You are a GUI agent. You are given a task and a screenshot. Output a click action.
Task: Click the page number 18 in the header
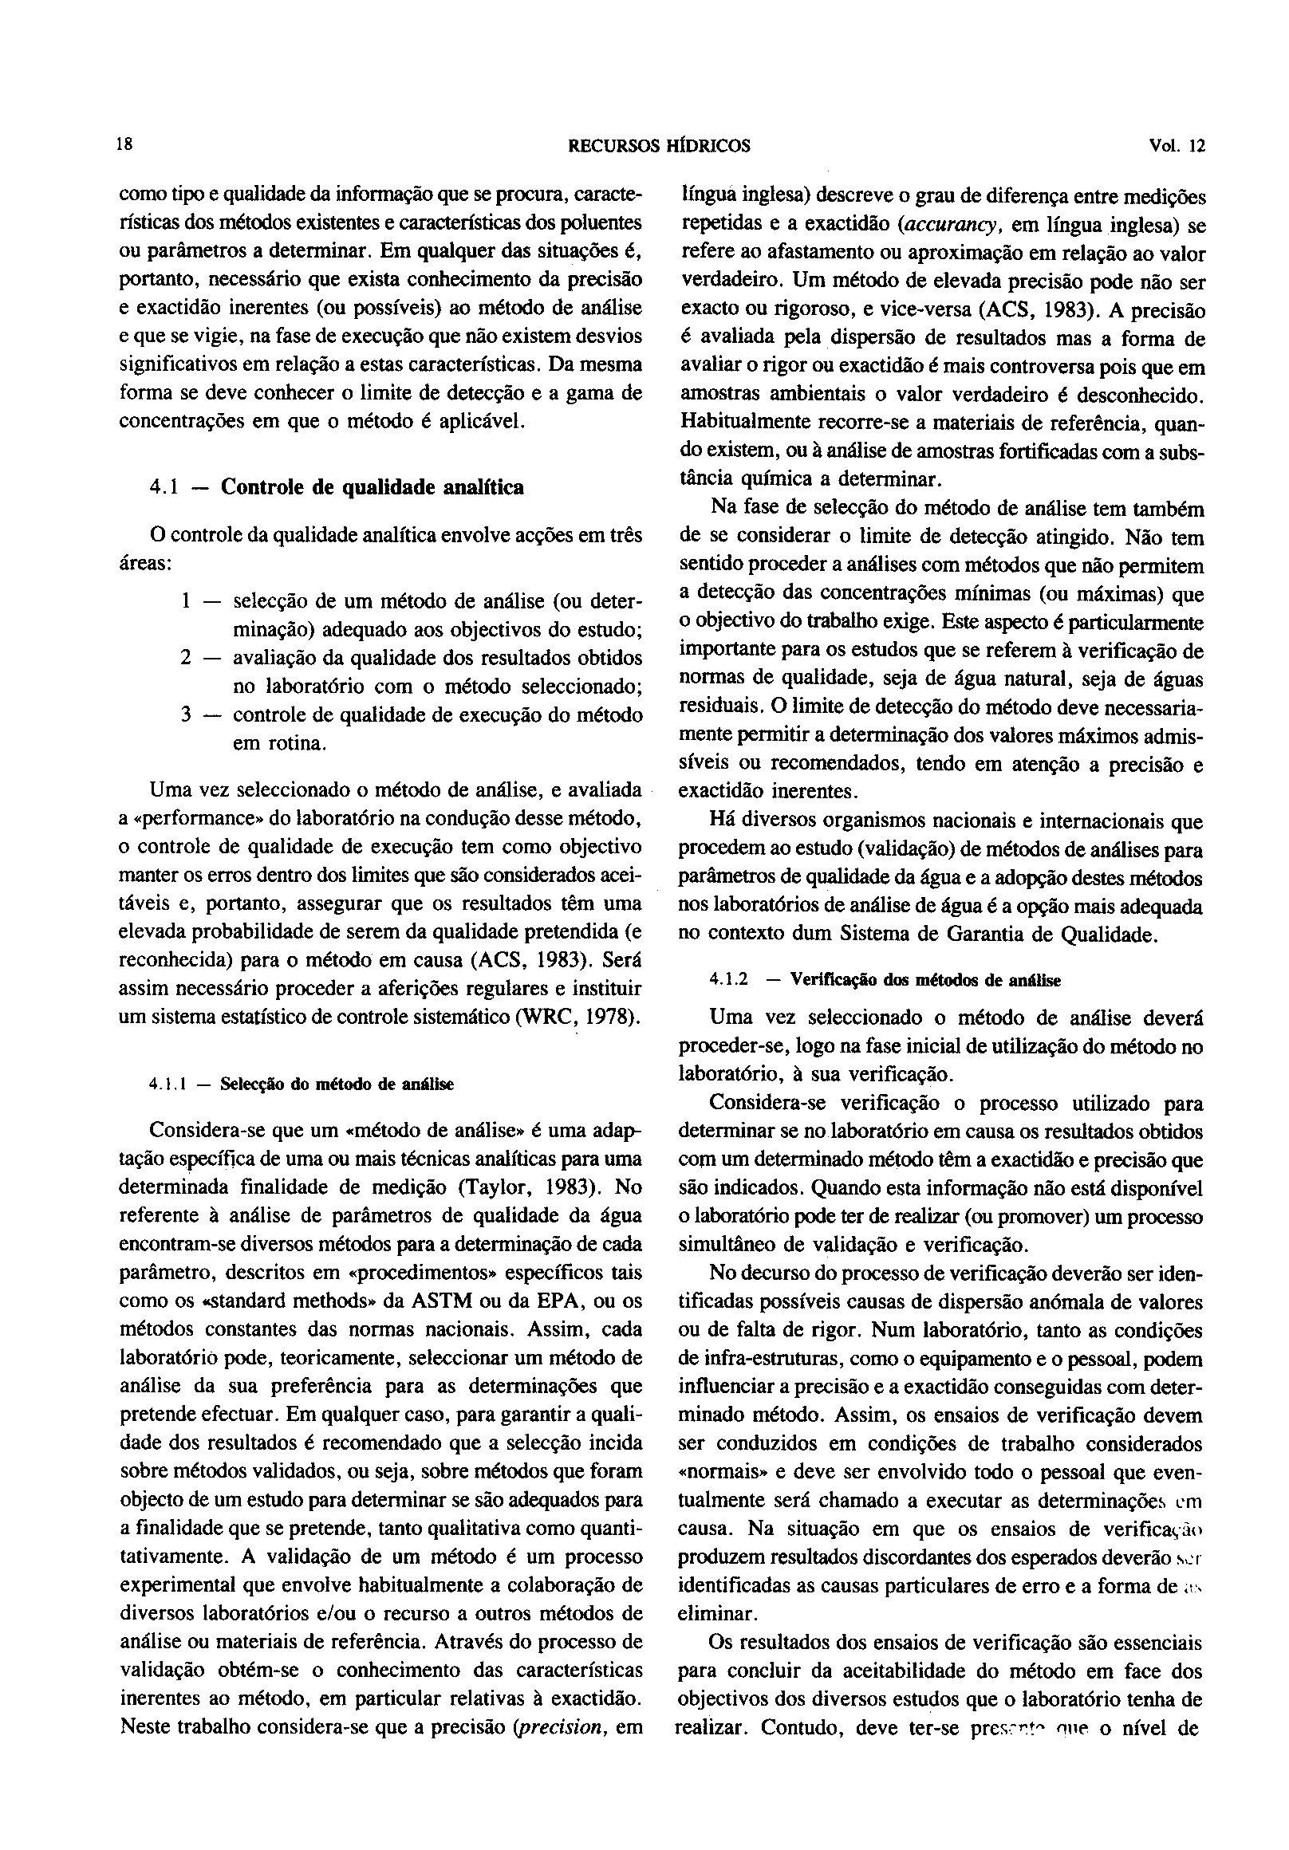(124, 146)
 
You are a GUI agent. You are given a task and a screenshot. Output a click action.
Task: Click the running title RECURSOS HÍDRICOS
(660, 147)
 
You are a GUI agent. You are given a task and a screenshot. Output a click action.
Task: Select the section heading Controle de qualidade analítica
(373, 487)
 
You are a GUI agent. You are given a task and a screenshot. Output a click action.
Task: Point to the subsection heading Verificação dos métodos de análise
(925, 980)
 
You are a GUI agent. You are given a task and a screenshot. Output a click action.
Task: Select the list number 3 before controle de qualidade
(185, 714)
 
